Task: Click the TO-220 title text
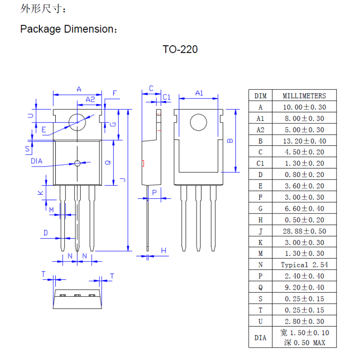(x=180, y=49)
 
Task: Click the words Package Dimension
(x=66, y=29)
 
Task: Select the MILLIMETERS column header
(x=304, y=96)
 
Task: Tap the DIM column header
(x=260, y=96)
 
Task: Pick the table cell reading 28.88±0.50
(x=304, y=231)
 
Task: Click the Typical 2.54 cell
(x=304, y=265)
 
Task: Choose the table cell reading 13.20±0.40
(x=304, y=141)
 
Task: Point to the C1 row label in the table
(x=260, y=163)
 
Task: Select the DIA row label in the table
(x=260, y=338)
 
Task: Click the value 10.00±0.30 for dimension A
(x=304, y=107)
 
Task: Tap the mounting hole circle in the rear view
(x=198, y=122)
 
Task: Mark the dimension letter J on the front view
(x=123, y=180)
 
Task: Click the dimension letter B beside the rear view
(x=230, y=141)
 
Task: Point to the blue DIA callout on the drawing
(x=37, y=162)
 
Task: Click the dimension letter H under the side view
(x=163, y=251)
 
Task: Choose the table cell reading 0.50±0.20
(x=304, y=220)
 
